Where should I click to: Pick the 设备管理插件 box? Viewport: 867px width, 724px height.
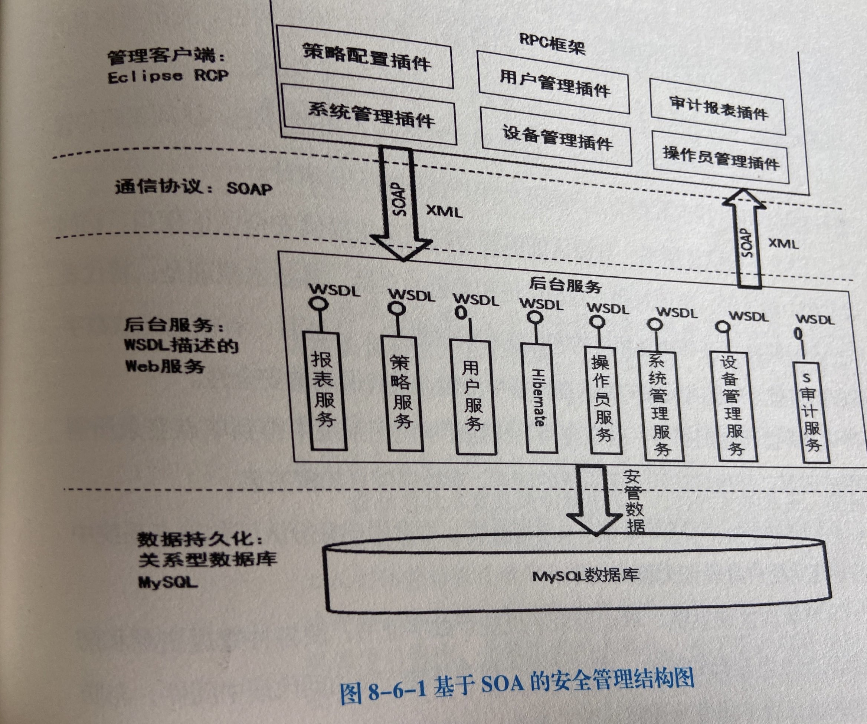(x=556, y=136)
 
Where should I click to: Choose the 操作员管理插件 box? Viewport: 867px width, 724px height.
(x=721, y=157)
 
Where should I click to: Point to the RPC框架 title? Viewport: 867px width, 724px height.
(x=552, y=43)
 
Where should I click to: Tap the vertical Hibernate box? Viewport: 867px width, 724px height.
(x=539, y=398)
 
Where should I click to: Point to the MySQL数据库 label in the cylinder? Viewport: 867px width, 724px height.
(x=585, y=576)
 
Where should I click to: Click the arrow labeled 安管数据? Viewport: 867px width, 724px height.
(x=595, y=499)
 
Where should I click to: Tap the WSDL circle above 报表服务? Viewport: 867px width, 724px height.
(x=320, y=305)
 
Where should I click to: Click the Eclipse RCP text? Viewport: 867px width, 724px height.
(x=167, y=77)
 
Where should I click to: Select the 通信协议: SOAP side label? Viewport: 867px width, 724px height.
(x=193, y=188)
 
